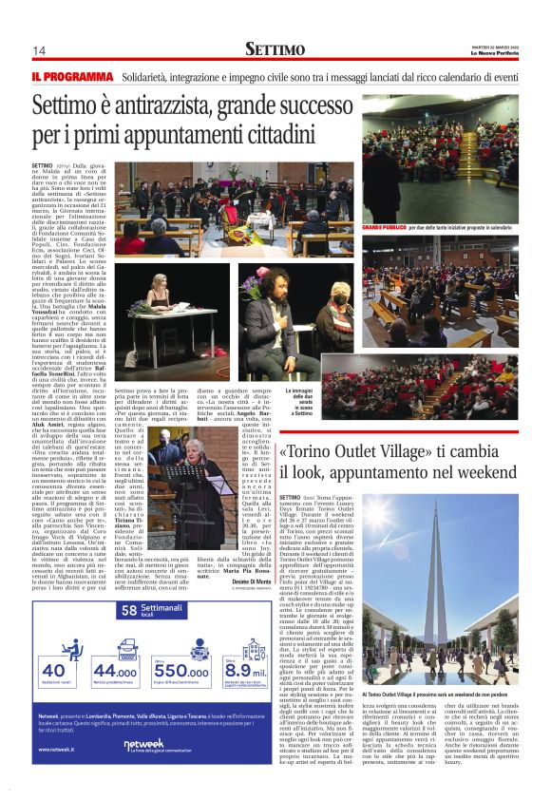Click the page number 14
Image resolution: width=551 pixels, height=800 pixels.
[39, 50]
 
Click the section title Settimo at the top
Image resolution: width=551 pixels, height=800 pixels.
[275, 48]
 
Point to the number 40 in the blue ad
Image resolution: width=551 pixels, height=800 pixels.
[54, 672]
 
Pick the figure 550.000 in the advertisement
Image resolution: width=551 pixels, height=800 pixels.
[180, 672]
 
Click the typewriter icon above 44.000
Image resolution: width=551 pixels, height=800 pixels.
[116, 642]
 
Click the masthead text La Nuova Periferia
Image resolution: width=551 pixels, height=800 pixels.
[502, 53]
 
